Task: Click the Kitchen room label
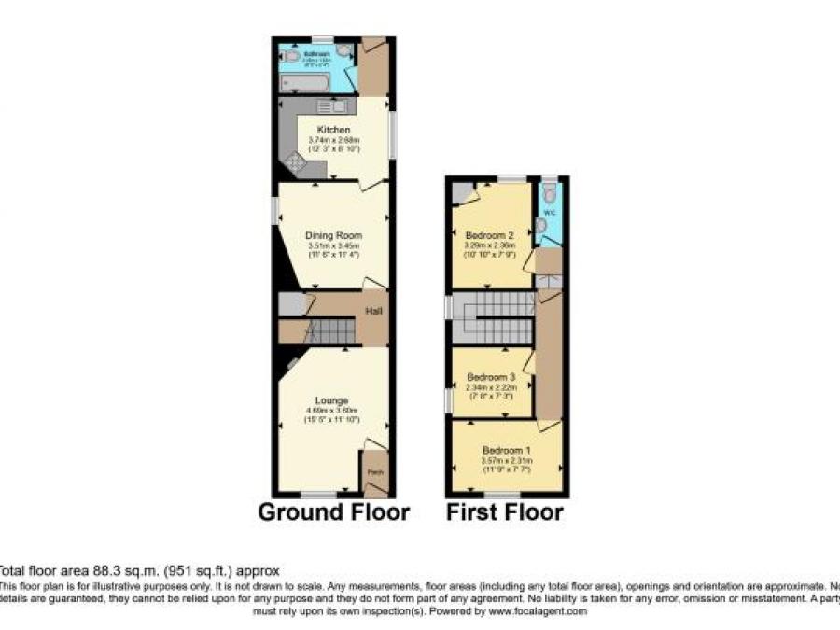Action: click(x=333, y=129)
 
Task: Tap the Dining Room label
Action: click(x=333, y=235)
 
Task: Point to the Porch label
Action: click(x=375, y=472)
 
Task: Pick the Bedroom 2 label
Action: click(x=490, y=235)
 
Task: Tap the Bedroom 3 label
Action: click(x=491, y=377)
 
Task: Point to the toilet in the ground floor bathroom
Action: click(x=290, y=56)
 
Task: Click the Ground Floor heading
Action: click(x=333, y=512)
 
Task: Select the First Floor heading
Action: click(x=504, y=512)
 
